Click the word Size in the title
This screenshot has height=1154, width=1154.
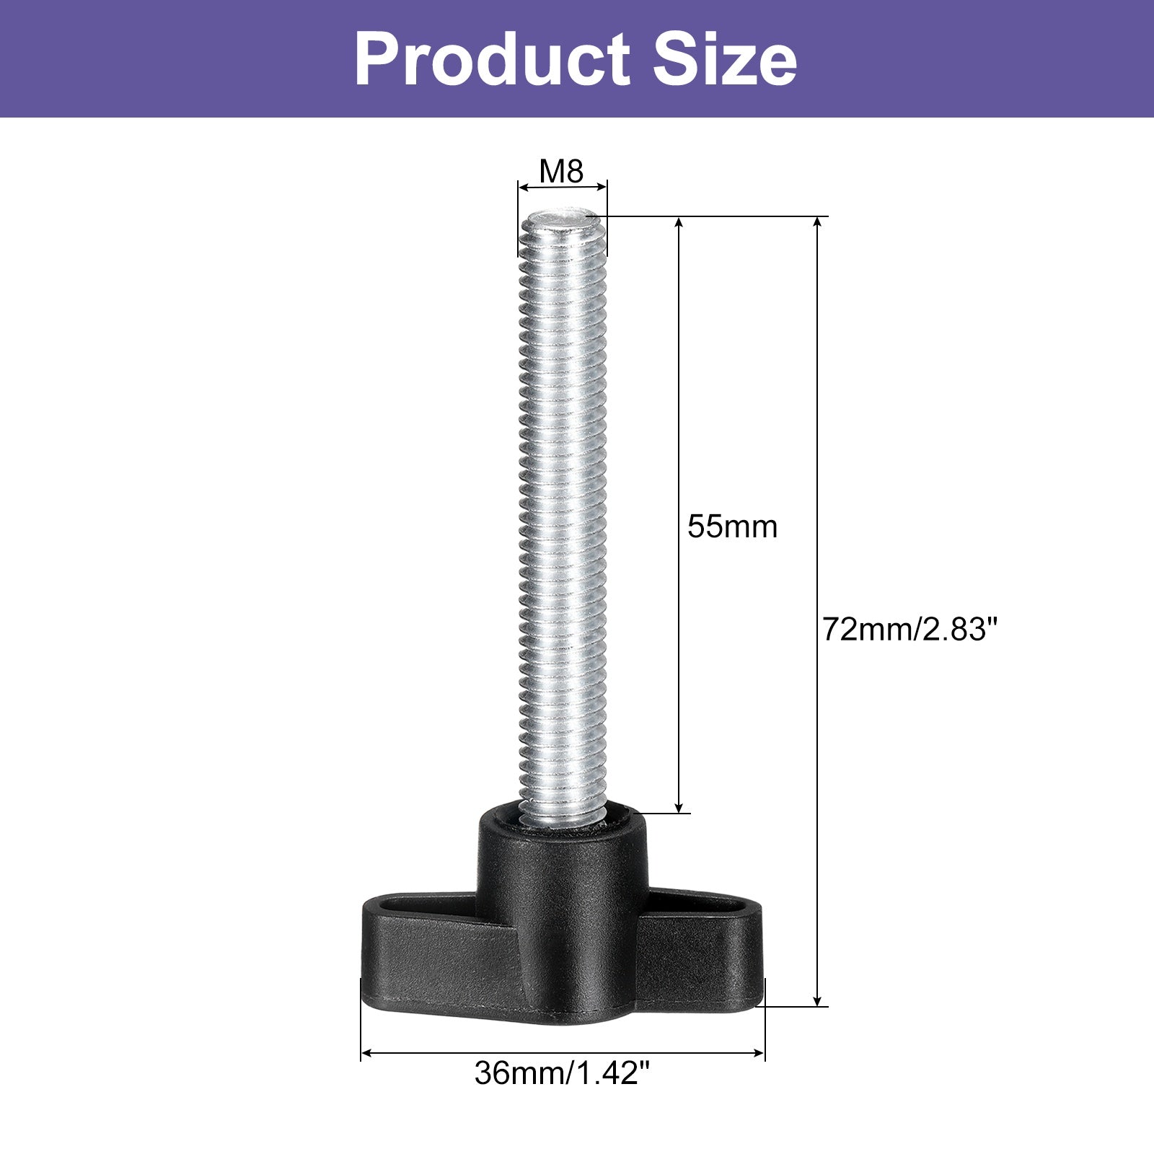click(x=726, y=59)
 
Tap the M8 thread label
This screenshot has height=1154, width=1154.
click(x=561, y=172)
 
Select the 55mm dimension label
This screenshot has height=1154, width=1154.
click(x=732, y=527)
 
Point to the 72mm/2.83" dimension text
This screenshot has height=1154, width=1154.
click(x=909, y=630)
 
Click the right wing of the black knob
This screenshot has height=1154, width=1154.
click(x=700, y=945)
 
